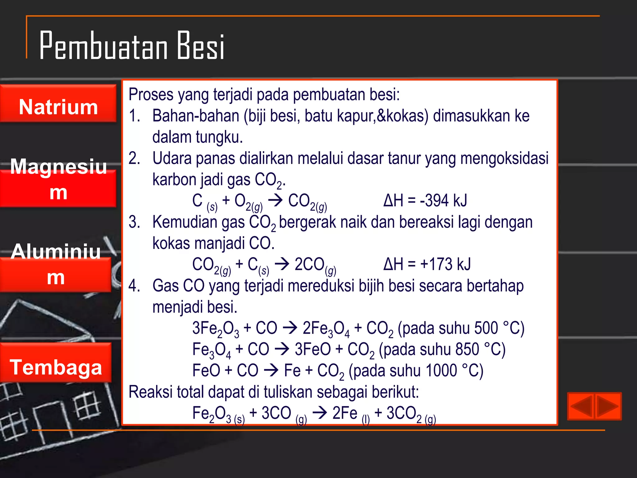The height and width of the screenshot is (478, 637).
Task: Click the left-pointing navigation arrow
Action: pyautogui.click(x=581, y=406)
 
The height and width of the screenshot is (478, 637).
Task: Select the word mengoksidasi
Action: pyautogui.click(x=504, y=158)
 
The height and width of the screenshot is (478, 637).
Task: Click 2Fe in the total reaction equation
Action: pyautogui.click(x=345, y=413)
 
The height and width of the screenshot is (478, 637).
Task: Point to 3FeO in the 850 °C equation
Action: pyautogui.click(x=313, y=349)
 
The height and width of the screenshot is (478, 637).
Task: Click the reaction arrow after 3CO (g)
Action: pyautogui.click(x=320, y=413)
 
